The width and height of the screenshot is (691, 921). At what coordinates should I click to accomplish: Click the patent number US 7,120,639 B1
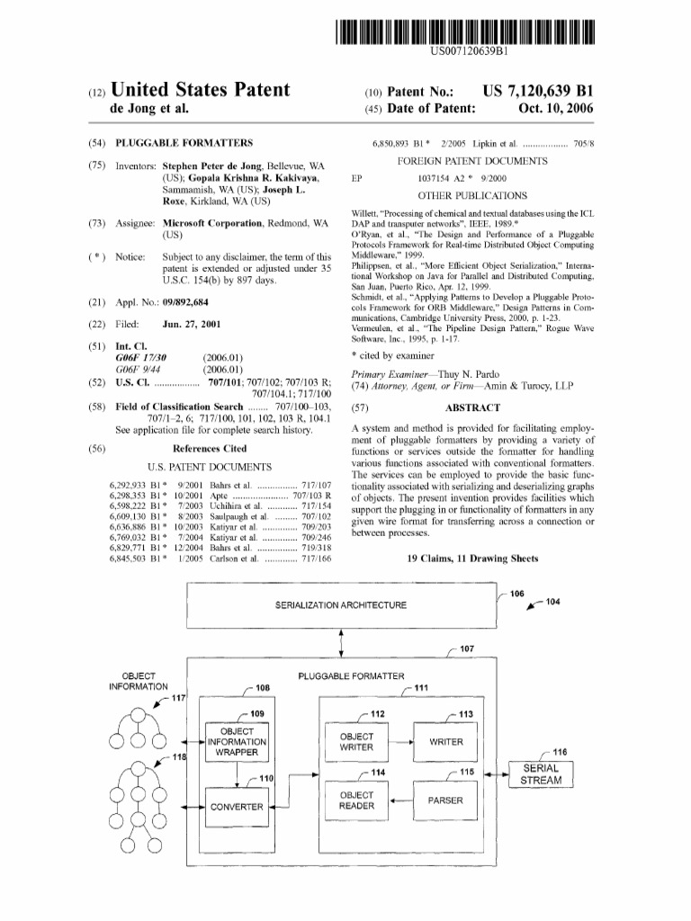(x=538, y=92)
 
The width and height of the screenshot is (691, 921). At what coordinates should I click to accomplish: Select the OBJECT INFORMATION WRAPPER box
(x=238, y=742)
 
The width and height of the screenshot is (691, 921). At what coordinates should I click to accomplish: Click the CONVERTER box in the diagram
(x=238, y=806)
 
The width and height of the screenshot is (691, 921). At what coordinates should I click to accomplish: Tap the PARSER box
(x=446, y=800)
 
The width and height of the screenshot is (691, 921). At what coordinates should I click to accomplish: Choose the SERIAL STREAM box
(x=542, y=773)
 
